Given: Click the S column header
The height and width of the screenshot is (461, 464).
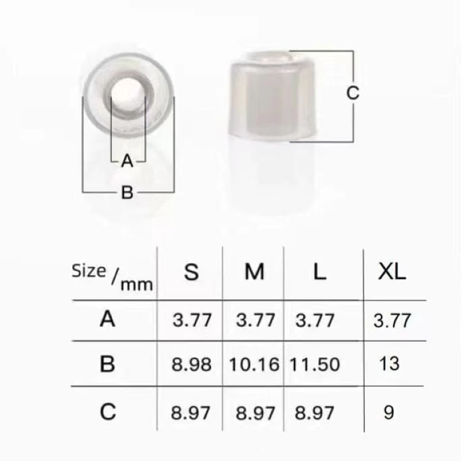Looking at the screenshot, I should [x=191, y=271].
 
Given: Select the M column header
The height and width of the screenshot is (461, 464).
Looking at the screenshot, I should [x=254, y=271].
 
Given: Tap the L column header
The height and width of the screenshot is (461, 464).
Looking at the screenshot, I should [x=319, y=271].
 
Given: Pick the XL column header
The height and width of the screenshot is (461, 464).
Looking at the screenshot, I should [x=392, y=271].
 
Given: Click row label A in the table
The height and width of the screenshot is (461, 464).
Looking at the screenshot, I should [x=107, y=319].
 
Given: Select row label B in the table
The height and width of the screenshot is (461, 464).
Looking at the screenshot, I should [x=107, y=364].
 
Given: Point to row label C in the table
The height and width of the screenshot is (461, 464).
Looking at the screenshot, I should [x=107, y=411].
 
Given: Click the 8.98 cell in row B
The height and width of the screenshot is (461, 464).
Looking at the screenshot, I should [x=192, y=364].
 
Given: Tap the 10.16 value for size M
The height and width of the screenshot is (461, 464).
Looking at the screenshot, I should [x=254, y=364].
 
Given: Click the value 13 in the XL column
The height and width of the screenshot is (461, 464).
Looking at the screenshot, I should [x=390, y=364].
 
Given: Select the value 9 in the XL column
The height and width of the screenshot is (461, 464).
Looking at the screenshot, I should [x=389, y=413].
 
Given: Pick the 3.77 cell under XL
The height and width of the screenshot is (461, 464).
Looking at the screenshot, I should [x=392, y=320].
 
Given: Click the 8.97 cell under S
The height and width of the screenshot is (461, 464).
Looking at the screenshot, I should [x=192, y=413].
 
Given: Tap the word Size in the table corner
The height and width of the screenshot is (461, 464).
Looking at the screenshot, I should [x=89, y=270].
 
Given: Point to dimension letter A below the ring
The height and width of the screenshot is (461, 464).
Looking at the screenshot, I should [x=127, y=161].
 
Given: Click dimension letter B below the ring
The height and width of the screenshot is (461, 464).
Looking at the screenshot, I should [x=127, y=192].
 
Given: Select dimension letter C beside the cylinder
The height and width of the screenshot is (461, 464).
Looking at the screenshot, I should [x=353, y=92].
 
